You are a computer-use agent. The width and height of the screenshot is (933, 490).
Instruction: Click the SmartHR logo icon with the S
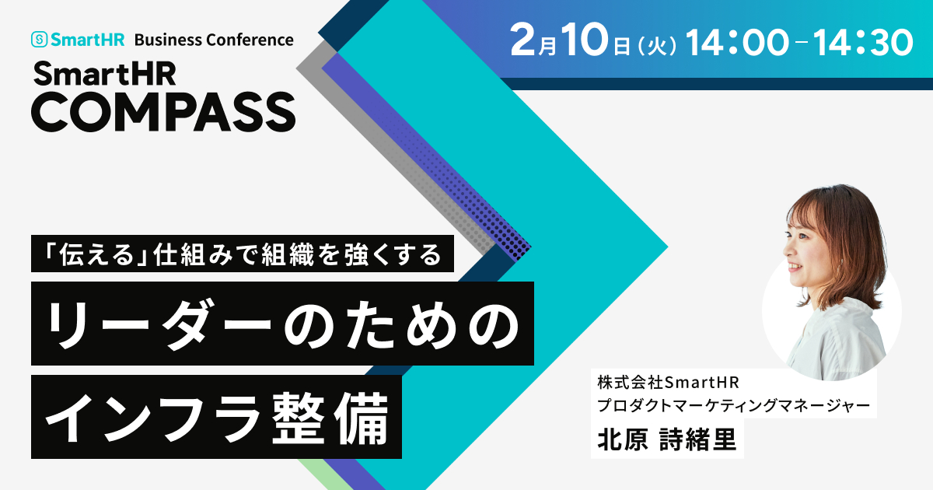[x=39, y=40]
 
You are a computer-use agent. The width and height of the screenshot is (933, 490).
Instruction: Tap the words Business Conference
[x=214, y=40]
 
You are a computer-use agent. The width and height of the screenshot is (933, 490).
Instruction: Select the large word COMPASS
[x=163, y=112]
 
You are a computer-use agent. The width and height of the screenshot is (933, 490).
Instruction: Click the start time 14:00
[x=737, y=43]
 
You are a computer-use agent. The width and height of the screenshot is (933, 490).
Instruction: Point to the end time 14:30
[x=863, y=43]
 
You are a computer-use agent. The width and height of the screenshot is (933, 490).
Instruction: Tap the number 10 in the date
[x=584, y=40]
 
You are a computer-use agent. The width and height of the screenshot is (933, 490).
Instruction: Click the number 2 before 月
[x=522, y=40]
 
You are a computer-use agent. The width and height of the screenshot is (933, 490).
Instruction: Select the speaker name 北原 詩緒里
[x=667, y=440]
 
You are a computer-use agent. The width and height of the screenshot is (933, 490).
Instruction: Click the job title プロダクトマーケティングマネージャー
[x=733, y=405]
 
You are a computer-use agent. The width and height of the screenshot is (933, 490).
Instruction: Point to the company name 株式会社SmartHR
[x=668, y=383]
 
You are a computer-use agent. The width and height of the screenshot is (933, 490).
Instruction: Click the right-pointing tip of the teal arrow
[x=668, y=247]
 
